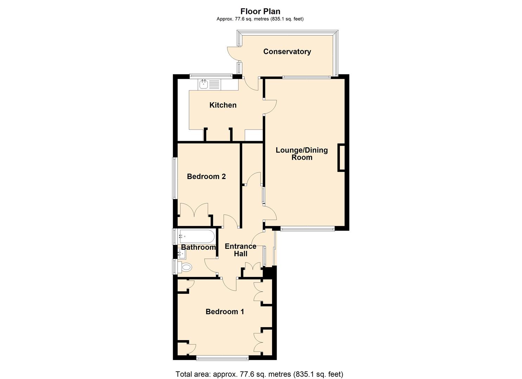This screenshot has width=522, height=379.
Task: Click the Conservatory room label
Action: [x=287, y=52]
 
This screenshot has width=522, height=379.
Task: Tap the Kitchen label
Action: [x=223, y=105]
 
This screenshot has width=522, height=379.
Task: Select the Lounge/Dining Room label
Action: [x=302, y=154]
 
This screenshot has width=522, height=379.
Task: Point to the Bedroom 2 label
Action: [x=206, y=177]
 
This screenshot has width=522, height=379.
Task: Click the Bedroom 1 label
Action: [x=225, y=312]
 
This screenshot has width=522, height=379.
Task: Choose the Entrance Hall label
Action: [x=240, y=250]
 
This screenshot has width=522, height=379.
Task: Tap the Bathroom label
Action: [x=198, y=247]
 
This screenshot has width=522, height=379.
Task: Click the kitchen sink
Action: [x=204, y=84]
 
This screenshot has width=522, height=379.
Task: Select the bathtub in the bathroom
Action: [x=196, y=237]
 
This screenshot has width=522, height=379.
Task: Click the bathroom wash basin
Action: [x=182, y=253]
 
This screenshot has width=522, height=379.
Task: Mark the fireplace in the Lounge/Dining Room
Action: [x=341, y=158]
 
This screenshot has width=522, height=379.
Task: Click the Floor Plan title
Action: [x=260, y=12]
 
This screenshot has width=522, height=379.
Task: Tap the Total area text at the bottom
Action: [x=259, y=374]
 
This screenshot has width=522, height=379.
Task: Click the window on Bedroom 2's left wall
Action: [x=174, y=178]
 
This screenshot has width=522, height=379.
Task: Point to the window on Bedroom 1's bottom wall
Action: [x=222, y=358]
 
